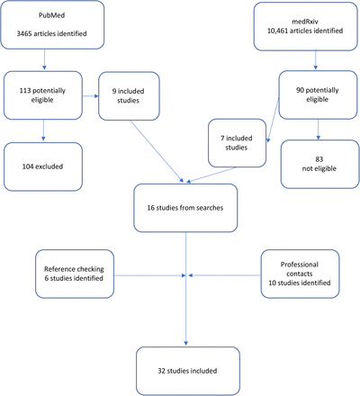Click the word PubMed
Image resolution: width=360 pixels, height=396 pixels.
pyautogui.click(x=51, y=15)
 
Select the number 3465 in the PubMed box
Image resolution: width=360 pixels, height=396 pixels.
pyautogui.click(x=24, y=33)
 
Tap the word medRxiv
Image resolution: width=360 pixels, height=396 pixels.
pyautogui.click(x=305, y=22)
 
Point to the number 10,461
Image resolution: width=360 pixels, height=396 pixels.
pyautogui.click(x=278, y=31)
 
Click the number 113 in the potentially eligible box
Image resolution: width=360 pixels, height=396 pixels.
pyautogui.click(x=25, y=91)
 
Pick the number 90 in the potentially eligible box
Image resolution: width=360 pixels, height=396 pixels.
pyautogui.click(x=300, y=90)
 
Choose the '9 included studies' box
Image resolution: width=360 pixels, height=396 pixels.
pyautogui.click(x=129, y=96)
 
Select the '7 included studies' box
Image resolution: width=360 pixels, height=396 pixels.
pyautogui.click(x=237, y=143)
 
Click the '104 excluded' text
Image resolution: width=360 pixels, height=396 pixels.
pyautogui.click(x=42, y=166)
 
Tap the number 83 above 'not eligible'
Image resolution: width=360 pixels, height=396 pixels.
pyautogui.click(x=319, y=159)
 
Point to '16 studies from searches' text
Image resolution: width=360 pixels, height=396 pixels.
pyautogui.click(x=185, y=208)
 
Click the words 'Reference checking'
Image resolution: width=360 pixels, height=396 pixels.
pyautogui.click(x=74, y=269)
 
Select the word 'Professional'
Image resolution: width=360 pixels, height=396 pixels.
pyautogui.click(x=300, y=265)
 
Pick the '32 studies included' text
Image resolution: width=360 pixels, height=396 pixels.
pyautogui.click(x=187, y=371)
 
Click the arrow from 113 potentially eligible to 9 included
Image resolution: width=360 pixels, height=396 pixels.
pyautogui.click(x=90, y=96)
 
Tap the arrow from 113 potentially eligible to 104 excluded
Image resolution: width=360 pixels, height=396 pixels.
pyautogui.click(x=43, y=130)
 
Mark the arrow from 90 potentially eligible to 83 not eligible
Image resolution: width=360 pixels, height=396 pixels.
pyautogui.click(x=319, y=130)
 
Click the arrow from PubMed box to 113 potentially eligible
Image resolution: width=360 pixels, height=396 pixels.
pyautogui.click(x=44, y=59)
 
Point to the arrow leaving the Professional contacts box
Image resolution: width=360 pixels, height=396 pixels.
pyautogui.click(x=224, y=275)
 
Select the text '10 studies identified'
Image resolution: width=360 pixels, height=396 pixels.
pyautogui.click(x=300, y=283)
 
